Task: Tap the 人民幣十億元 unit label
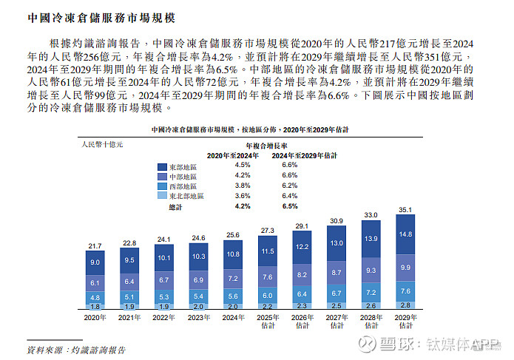pos(103,145)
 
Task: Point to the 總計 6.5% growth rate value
pos(290,207)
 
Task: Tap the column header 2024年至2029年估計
pos(303,155)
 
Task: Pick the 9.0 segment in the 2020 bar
pos(95,262)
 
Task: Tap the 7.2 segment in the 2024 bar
pos(233,279)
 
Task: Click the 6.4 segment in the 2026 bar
pos(302,293)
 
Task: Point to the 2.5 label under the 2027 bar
pos(337,305)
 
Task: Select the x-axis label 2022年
pos(164,317)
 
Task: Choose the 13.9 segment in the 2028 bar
pos(371,239)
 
